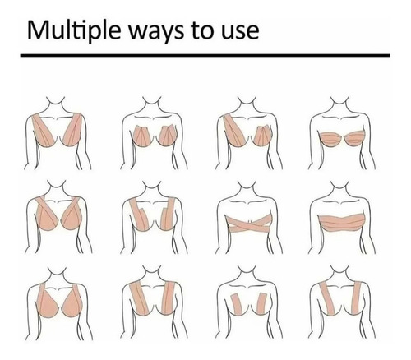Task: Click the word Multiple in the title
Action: tap(74, 30)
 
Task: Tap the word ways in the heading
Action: tap(156, 32)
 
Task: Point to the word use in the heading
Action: tap(240, 32)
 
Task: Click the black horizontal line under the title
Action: tap(205, 55)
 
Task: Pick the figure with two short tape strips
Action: tap(249, 302)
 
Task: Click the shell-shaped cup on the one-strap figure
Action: tap(264, 136)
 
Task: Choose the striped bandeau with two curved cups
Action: tap(342, 138)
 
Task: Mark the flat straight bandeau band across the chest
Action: tap(342, 223)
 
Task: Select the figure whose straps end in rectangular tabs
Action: tap(154, 216)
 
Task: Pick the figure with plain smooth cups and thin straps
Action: tap(58, 302)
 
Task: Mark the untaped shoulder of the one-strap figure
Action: tap(270, 116)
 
